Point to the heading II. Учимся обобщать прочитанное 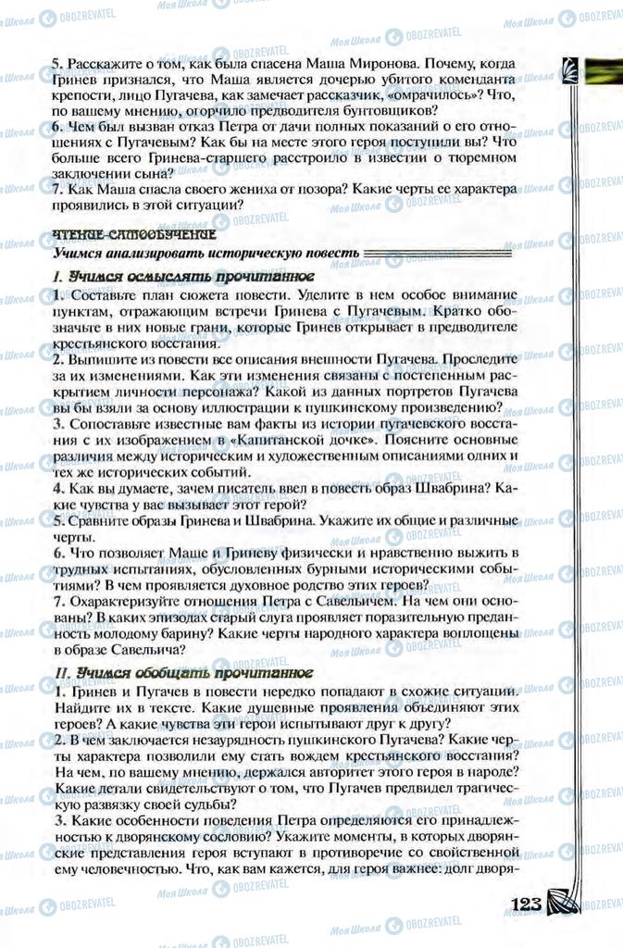[183, 673]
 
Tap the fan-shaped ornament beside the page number [563, 900]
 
